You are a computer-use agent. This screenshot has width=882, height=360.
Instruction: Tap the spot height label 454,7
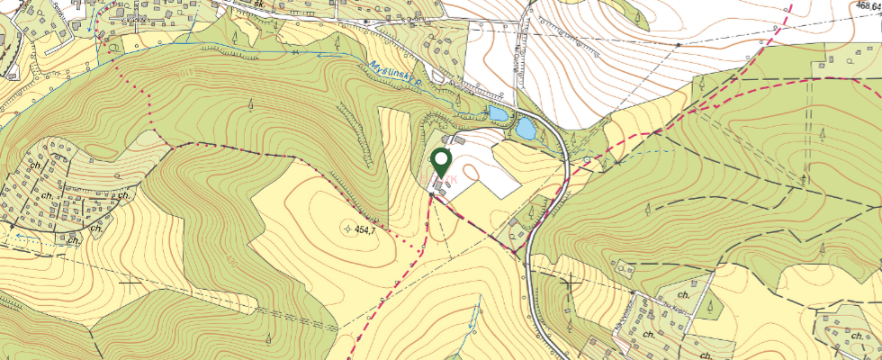pyautogui.click(x=364, y=230)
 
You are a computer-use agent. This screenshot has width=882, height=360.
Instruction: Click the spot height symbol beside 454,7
pyautogui.click(x=347, y=229)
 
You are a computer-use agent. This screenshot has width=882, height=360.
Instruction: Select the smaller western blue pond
pyautogui.click(x=496, y=113)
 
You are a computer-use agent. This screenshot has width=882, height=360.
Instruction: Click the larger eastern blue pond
pyautogui.click(x=525, y=129)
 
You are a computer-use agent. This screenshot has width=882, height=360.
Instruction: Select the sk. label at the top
pyautogui.click(x=258, y=4)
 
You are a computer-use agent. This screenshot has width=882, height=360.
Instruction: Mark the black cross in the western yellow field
pyautogui.click(x=131, y=283)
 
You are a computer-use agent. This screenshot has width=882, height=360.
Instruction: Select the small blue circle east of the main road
pyautogui.click(x=586, y=158)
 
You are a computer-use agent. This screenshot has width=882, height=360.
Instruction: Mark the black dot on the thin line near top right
pyautogui.click(x=677, y=43)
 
